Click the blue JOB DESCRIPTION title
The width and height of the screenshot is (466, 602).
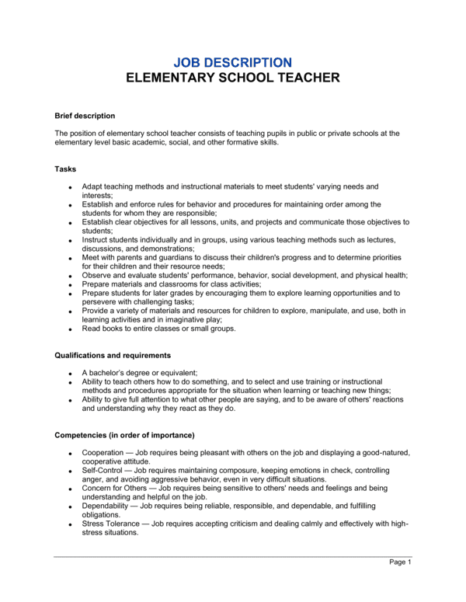(232, 61)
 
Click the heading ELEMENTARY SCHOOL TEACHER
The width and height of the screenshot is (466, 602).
(232, 78)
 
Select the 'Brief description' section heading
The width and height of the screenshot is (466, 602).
(85, 116)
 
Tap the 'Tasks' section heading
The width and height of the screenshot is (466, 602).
(65, 169)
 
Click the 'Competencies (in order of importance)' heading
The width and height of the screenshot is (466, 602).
(124, 434)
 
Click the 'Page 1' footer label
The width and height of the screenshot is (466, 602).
(400, 562)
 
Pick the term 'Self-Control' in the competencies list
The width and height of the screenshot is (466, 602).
(103, 470)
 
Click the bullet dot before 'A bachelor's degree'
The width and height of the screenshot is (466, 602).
(70, 374)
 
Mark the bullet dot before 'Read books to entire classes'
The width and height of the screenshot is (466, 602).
(70, 329)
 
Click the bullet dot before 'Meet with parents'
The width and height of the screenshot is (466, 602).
(70, 258)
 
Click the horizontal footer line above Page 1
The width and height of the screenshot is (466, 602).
(232, 555)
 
